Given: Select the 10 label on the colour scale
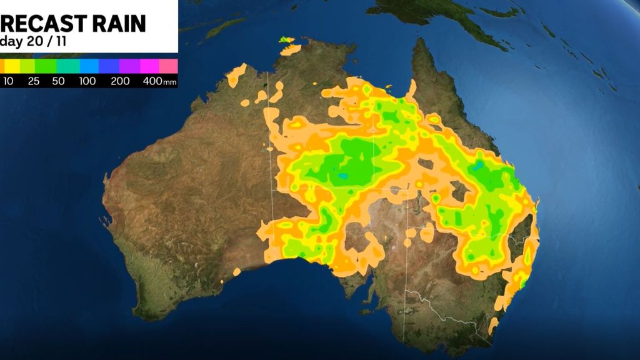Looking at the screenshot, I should (9, 81).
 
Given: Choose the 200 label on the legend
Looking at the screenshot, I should (120, 81).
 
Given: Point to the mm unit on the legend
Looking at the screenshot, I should (169, 82).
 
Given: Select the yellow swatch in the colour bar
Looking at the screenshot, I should (12, 66).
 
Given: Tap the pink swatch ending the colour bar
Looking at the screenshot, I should (169, 66).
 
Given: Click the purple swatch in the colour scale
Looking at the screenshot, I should (129, 66).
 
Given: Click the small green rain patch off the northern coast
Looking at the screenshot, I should (286, 41).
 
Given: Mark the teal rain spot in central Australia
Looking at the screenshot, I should (342, 176).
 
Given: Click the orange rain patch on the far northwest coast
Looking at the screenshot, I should (237, 76).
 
